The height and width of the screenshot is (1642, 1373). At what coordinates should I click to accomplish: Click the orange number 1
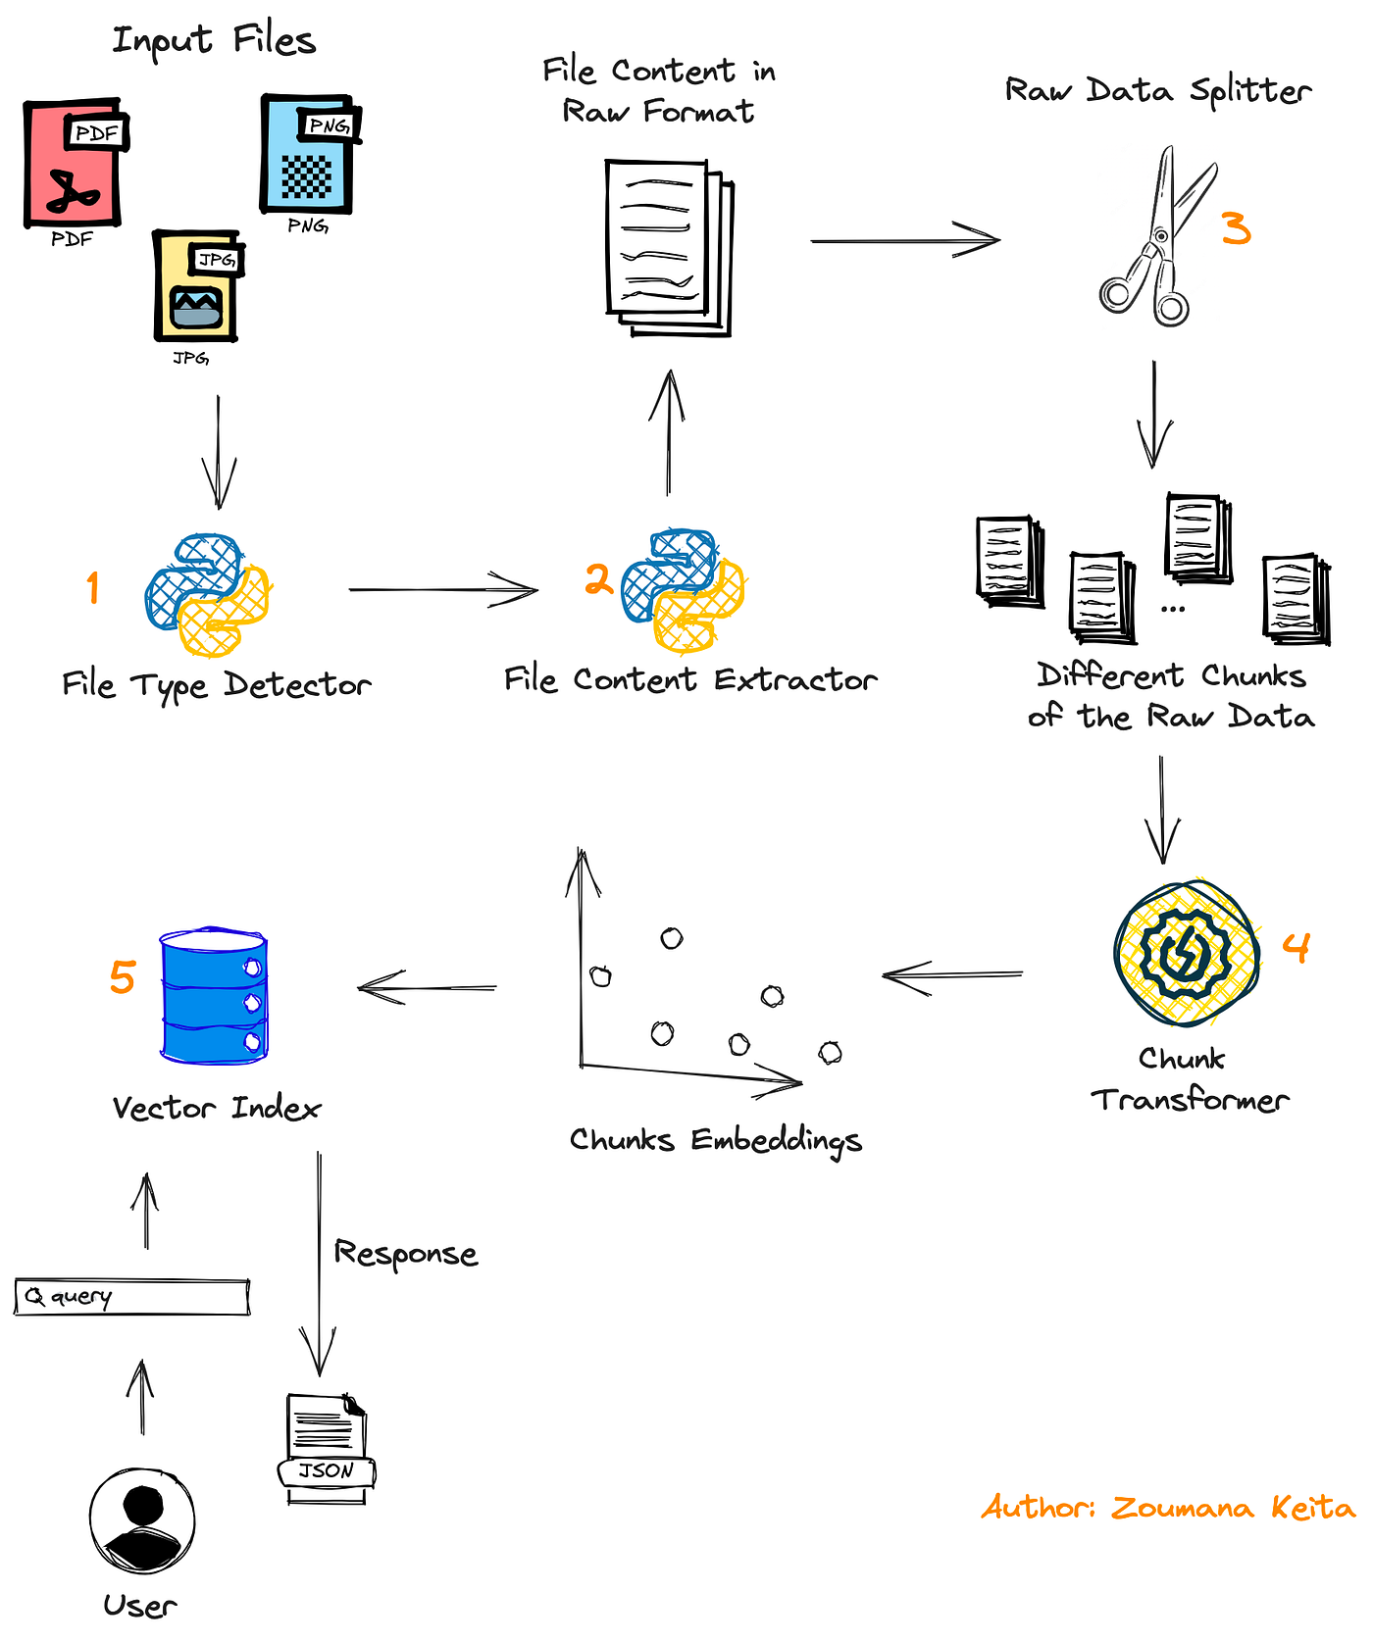[x=92, y=588]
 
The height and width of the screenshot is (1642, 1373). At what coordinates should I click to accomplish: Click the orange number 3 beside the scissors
[x=1236, y=228]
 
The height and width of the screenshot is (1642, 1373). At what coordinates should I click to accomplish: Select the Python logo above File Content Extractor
[x=684, y=591]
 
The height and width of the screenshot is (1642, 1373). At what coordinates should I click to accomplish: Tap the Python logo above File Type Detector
[x=207, y=595]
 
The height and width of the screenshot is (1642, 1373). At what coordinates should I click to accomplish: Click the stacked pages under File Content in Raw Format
[x=668, y=248]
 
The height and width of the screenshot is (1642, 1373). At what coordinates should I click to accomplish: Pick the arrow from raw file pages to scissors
[x=904, y=240]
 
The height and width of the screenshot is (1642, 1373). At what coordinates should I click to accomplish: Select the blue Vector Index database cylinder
[x=213, y=995]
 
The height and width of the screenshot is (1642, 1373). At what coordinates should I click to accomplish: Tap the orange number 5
[x=122, y=977]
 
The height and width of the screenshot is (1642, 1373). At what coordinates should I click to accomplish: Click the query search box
[x=132, y=1297]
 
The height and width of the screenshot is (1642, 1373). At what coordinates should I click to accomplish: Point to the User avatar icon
[x=142, y=1520]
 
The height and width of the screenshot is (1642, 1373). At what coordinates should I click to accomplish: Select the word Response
[x=405, y=1254]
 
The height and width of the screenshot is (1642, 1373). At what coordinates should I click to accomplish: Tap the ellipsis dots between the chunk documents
[x=1172, y=609]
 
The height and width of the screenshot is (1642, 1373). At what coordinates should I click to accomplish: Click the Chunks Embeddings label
[x=715, y=1140]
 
